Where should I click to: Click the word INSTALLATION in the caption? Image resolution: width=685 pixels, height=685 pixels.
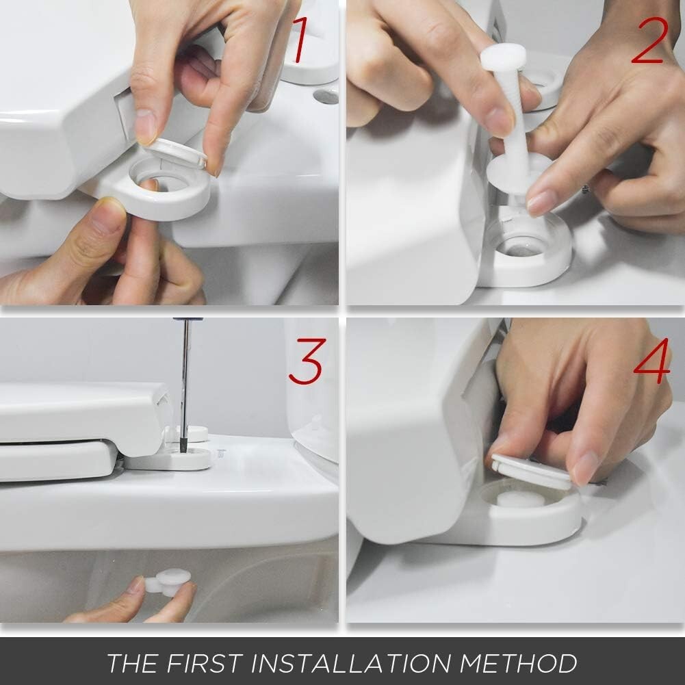(355, 663)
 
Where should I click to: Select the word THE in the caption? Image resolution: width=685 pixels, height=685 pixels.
(130, 663)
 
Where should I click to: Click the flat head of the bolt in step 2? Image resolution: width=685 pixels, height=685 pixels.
(503, 57)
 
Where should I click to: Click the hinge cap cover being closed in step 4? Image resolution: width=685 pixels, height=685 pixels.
(531, 471)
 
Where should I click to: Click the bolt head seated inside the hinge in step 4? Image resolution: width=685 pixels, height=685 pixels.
(520, 500)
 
